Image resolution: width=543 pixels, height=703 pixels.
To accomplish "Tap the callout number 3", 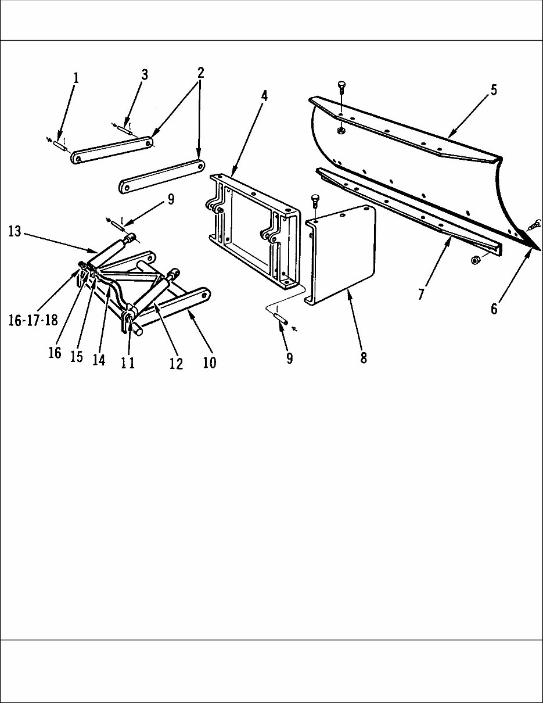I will coord(145,74).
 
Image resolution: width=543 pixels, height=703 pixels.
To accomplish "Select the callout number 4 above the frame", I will coord(264,96).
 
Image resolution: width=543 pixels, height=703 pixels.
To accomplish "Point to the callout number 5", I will coord(494,91).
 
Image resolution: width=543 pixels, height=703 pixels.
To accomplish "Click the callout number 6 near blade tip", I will coord(494,309).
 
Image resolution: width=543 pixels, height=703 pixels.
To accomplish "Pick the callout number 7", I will coord(421,295).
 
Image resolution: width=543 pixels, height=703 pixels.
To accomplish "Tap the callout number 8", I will coord(364,358).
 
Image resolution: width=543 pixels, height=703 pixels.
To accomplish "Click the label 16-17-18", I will coord(33,321).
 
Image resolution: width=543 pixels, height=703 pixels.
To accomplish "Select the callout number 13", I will coord(15,231).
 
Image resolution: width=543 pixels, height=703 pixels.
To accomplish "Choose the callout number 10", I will coord(210,362).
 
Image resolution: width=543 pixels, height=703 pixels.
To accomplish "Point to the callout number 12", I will coord(176,364).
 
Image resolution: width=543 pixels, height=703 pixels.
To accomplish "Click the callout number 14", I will coord(99,360).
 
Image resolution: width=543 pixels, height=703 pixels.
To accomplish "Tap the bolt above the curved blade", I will coord(341,89).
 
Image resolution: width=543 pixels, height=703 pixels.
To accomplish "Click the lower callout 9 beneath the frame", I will coord(289,358).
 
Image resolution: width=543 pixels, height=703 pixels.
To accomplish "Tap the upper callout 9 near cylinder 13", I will coord(170,200).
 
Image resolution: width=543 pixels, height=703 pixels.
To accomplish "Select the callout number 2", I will coord(200,73).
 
